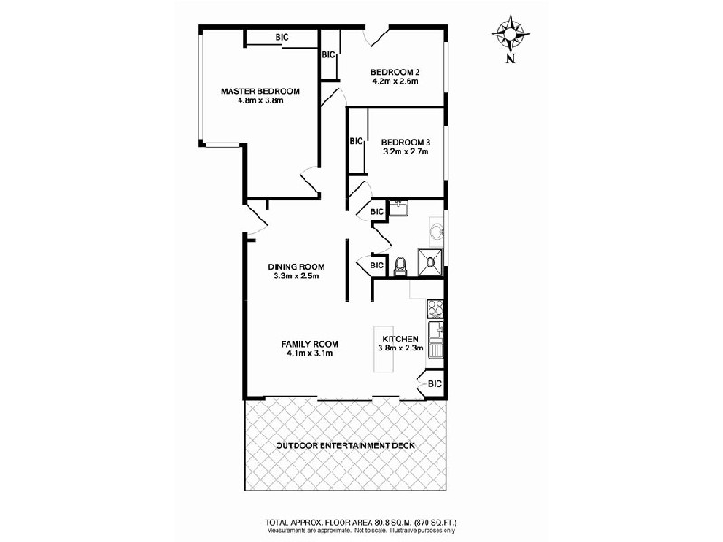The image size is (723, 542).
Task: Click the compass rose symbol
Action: tap(510, 34)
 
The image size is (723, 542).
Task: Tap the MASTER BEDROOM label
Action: tap(261, 91)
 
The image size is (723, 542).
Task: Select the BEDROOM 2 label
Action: tap(395, 72)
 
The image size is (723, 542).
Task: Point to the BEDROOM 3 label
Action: tap(405, 143)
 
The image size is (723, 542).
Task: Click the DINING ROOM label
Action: tap(296, 266)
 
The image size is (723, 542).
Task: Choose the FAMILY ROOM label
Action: tap(309, 344)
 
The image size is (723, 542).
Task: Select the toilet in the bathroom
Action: tap(400, 265)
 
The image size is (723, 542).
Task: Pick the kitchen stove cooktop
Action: tap(434, 309)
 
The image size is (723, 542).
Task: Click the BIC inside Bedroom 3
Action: tap(356, 141)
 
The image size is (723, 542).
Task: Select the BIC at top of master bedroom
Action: tap(282, 37)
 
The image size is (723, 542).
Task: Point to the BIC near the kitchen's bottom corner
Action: tap(434, 384)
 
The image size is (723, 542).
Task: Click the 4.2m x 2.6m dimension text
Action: tap(395, 82)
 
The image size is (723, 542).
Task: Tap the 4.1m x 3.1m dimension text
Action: tap(309, 354)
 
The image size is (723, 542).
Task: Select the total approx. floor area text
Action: tap(361, 521)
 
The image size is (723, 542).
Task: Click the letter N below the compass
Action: tap(511, 61)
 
